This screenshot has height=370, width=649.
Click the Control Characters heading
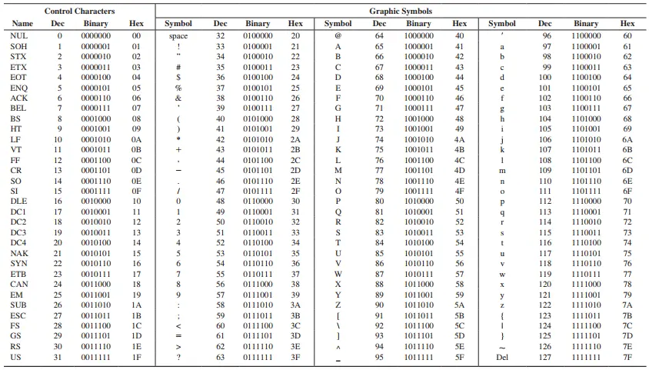tap(79, 12)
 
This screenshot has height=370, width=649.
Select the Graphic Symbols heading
tap(400, 12)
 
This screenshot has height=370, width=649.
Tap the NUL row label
tap(19, 36)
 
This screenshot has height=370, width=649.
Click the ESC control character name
tap(18, 315)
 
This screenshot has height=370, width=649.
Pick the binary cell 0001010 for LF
tap(96, 139)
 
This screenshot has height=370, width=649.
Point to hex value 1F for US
tap(137, 357)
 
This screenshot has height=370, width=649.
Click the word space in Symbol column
tap(178, 36)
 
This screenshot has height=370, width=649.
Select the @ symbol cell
tap(338, 36)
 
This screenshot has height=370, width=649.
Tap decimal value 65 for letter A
tap(379, 46)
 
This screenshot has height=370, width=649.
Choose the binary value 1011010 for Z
tap(418, 305)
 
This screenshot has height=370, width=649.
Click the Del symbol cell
tap(502, 357)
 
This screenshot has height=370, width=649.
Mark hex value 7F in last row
tap(627, 357)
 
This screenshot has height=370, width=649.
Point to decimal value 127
tap(544, 357)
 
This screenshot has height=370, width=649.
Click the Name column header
tap(22, 24)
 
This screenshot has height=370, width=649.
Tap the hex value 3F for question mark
tap(295, 357)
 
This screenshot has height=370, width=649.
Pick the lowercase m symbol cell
tap(502, 171)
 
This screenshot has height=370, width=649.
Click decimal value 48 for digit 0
tap(220, 202)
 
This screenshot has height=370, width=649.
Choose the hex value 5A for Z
tap(460, 305)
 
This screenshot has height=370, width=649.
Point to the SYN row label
tap(19, 264)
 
